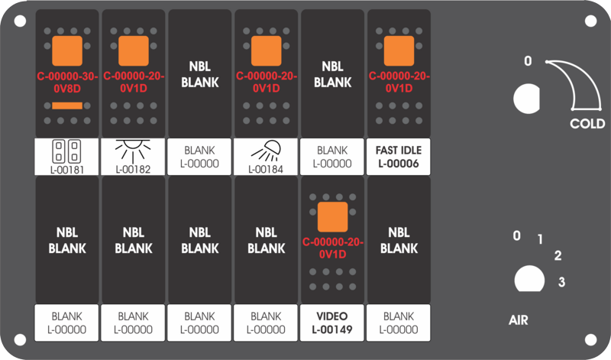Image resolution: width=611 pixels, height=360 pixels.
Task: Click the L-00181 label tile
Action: pos(66,157)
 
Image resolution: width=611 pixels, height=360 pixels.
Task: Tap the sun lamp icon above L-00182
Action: pos(133,151)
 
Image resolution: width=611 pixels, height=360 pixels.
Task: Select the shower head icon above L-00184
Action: pos(266,151)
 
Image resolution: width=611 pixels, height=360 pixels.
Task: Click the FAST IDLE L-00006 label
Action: pos(399,157)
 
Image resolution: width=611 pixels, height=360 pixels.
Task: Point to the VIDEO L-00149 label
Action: pos(332,323)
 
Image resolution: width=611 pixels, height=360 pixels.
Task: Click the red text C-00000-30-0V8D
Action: pos(67,83)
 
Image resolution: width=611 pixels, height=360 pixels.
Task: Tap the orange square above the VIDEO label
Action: pos(332,217)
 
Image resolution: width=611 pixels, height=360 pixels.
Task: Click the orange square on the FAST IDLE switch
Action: pos(399,51)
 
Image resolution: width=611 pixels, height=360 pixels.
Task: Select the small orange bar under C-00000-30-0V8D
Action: pos(67,105)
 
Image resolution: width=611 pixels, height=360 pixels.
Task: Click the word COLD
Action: pos(587,124)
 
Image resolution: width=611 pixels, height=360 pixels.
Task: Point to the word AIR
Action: pos(519,320)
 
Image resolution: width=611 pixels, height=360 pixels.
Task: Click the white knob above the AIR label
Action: pos(529,279)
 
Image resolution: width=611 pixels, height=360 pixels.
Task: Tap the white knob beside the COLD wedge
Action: pos(527,99)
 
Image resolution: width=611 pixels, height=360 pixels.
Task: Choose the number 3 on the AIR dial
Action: pos(561,282)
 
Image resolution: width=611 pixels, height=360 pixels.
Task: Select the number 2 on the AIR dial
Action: pos(558,256)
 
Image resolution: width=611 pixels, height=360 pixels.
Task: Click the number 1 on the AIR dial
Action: pos(540,239)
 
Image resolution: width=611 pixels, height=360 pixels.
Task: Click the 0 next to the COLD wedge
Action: pos(528,61)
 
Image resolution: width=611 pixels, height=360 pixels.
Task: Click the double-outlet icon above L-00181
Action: pos(66,151)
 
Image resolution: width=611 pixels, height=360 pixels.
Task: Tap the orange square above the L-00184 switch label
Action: pos(266,51)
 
